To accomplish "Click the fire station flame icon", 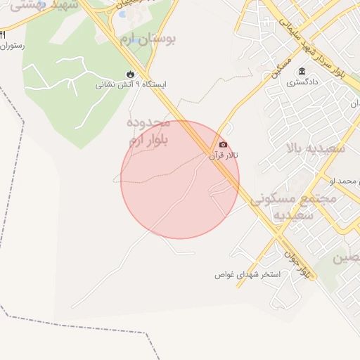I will [130, 73].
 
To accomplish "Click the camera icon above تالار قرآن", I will [224, 144].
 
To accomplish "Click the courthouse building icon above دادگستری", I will [302, 72].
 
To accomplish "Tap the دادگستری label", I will [302, 82].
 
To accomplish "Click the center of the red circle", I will [180, 180].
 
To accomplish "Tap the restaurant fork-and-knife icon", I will [3, 36].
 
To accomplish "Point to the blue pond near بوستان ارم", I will [122, 14].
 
